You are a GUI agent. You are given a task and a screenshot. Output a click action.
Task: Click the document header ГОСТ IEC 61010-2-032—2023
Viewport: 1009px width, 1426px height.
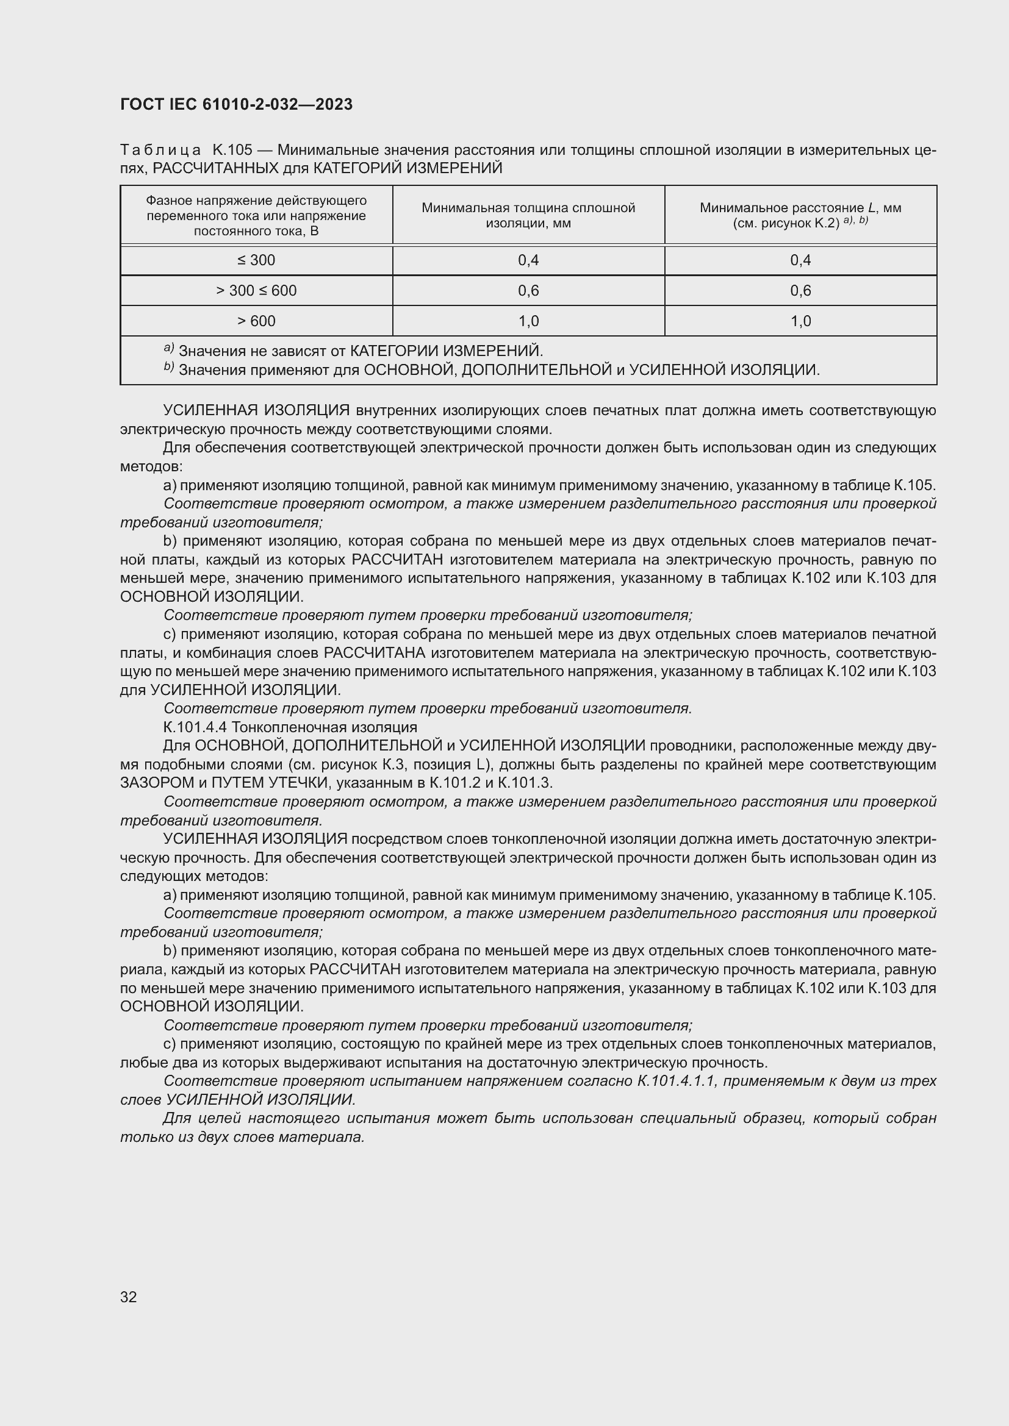click(236, 104)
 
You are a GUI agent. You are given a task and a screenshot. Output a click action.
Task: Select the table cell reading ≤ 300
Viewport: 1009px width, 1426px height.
click(256, 260)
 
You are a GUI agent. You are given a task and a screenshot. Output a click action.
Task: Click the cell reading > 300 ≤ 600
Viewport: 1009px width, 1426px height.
click(256, 291)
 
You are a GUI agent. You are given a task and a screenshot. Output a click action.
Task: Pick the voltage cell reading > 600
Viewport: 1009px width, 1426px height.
click(256, 321)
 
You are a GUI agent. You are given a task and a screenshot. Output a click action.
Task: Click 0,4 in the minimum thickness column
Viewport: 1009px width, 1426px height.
click(528, 260)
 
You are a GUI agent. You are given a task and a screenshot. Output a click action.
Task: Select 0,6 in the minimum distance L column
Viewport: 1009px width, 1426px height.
click(800, 291)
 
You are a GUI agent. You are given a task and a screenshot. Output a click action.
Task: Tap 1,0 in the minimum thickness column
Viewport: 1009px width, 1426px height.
click(528, 321)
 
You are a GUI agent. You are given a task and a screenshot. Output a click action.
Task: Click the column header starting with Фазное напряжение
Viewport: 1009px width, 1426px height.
click(256, 215)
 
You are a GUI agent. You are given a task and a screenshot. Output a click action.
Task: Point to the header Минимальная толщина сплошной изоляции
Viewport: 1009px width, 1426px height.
click(528, 215)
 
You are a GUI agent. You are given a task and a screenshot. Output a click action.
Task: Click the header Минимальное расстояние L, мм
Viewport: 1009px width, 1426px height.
click(800, 208)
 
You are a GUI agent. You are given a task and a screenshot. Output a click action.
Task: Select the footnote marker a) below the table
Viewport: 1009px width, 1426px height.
click(168, 349)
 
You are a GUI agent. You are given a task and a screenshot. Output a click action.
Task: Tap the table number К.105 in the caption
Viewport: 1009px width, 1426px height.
click(232, 151)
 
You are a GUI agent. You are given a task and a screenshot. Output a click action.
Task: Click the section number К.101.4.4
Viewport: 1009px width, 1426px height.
click(195, 727)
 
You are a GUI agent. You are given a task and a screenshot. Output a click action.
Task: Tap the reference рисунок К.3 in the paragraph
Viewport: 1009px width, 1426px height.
click(361, 765)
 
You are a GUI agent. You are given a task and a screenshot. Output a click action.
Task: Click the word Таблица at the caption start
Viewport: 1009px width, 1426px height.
click(160, 151)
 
